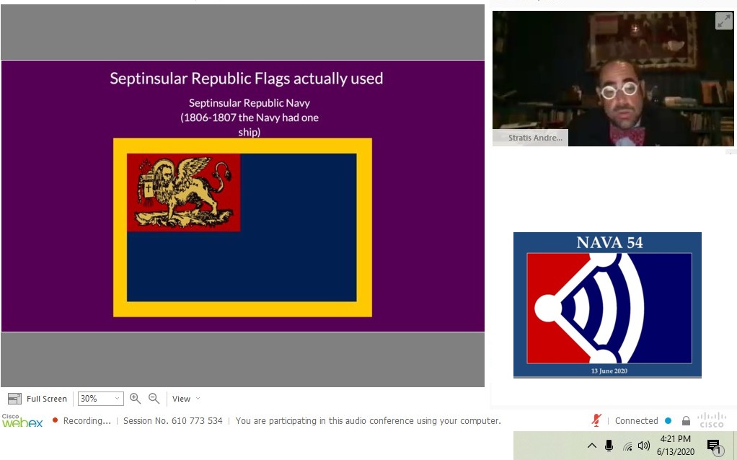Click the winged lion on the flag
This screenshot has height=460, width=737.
[184, 192]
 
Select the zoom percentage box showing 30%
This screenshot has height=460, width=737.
[99, 399]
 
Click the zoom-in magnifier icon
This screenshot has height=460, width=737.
[135, 399]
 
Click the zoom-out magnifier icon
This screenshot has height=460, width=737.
[154, 399]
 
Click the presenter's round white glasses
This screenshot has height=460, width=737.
[619, 90]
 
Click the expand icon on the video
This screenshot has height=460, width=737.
[723, 21]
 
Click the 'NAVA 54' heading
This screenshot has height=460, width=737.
[609, 243]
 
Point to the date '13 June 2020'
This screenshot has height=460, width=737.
[609, 371]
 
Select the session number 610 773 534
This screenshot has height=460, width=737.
[197, 421]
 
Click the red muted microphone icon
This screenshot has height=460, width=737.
[596, 420]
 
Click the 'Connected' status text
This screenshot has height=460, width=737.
[636, 421]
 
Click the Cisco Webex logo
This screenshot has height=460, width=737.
[22, 421]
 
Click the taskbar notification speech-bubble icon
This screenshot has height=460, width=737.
[714, 446]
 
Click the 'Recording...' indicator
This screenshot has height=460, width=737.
[86, 421]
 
